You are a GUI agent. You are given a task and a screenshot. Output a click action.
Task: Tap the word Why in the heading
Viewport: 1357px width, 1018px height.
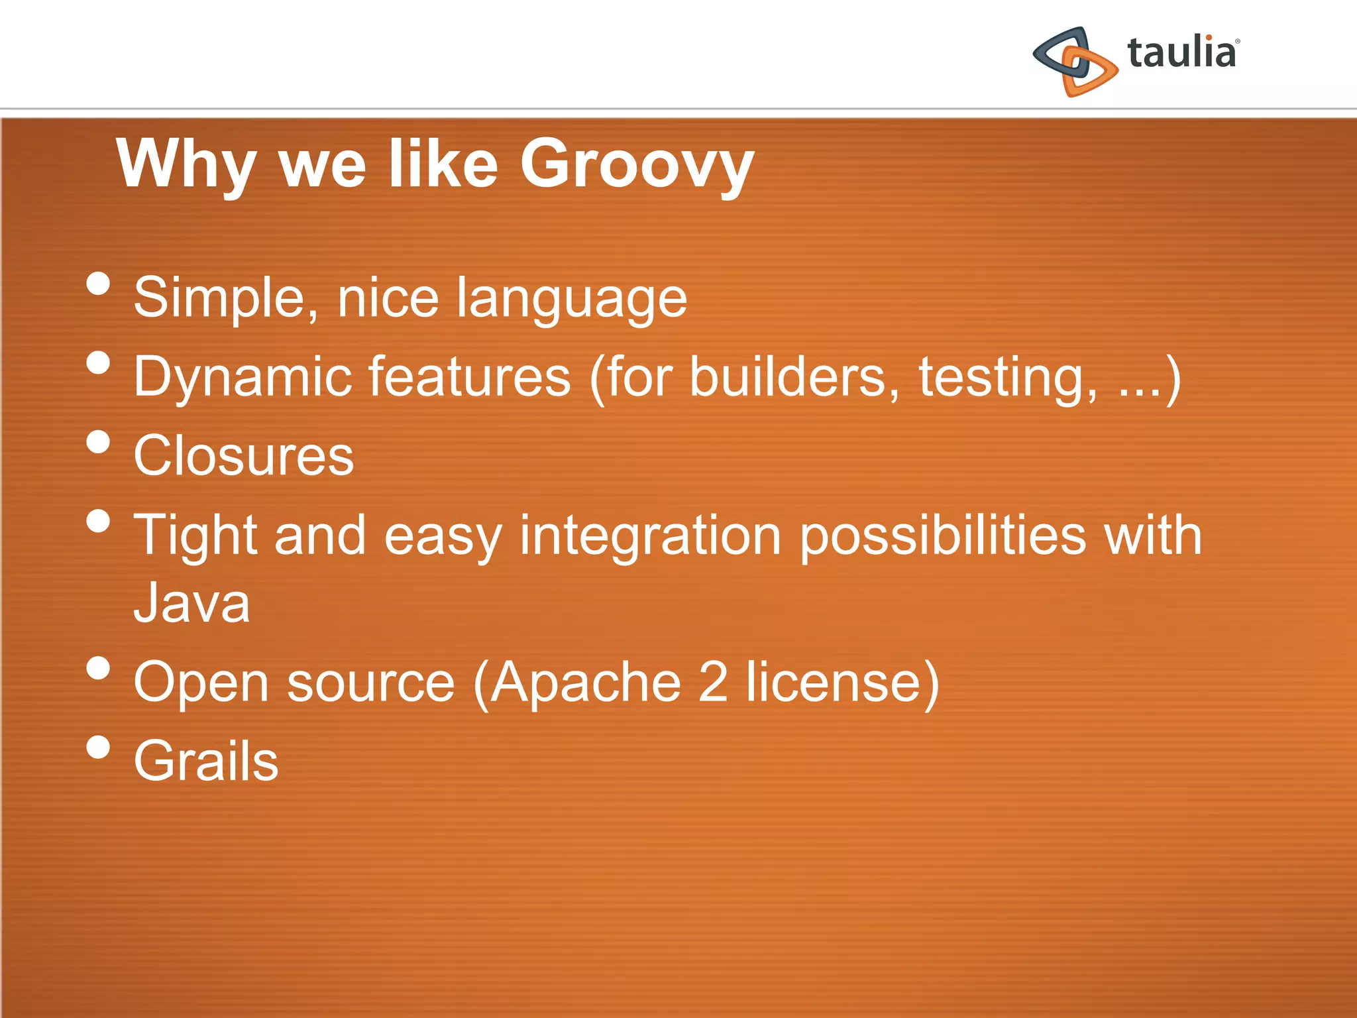[x=186, y=164]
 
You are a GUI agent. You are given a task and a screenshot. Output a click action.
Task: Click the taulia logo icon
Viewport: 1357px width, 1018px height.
[x=1075, y=61]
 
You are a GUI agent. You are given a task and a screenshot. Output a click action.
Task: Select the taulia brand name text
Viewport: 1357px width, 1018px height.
[x=1181, y=53]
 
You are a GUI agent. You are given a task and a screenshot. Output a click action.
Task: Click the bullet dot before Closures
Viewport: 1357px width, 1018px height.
[x=98, y=441]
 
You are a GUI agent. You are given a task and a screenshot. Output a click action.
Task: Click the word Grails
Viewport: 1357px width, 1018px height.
[x=206, y=761]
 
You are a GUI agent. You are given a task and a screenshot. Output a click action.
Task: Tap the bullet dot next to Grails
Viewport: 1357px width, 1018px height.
[x=98, y=747]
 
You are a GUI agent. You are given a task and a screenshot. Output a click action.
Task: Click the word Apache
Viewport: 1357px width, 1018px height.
[x=586, y=683]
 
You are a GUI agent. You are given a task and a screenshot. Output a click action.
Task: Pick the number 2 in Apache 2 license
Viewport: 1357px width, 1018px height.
[x=713, y=683]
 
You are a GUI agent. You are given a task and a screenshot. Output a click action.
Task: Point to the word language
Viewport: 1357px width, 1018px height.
[x=571, y=300]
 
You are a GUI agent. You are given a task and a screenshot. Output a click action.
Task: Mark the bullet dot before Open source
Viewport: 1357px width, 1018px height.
[x=98, y=668]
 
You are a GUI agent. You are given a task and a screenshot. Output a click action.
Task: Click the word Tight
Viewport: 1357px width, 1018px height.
[x=195, y=536]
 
